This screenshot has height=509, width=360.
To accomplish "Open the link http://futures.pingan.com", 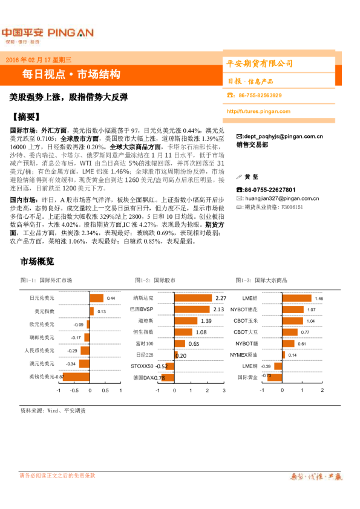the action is coord(258,111).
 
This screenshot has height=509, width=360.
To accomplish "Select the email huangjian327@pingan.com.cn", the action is coord(282,198).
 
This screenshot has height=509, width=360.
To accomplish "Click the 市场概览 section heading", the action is coord(38,261).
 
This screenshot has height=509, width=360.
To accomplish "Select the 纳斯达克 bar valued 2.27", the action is coord(193,298).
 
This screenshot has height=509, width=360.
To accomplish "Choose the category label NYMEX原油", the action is coord(245,354).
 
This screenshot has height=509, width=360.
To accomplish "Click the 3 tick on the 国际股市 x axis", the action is coord(223,391).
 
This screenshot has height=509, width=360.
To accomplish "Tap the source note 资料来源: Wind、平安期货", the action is coord(53,410).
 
